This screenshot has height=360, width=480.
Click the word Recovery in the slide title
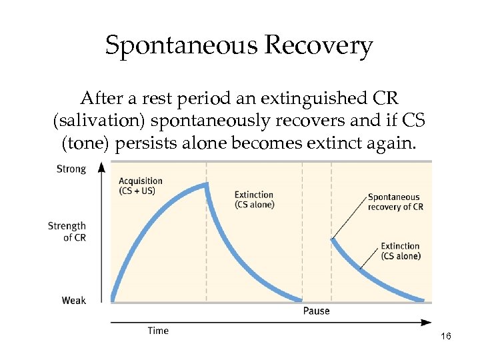pos(318,46)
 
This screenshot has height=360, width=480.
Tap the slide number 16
pos(446,337)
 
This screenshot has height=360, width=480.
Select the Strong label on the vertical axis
pos(71,169)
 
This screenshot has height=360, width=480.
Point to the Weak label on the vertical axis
pos(73,301)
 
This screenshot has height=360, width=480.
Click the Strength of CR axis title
pos(67,231)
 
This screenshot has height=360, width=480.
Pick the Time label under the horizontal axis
pos(158,331)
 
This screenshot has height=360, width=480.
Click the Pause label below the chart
pos(316,311)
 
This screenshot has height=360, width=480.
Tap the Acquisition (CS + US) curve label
pos(140,186)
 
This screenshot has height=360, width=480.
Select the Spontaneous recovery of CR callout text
pos(395,202)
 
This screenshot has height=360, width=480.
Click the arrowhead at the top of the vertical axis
pos(101,166)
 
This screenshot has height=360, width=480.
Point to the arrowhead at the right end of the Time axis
pos(427,323)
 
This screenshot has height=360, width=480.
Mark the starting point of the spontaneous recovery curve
pos(332,239)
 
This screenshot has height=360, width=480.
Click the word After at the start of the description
pos(99,99)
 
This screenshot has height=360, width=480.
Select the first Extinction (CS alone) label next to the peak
pos(254,200)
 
